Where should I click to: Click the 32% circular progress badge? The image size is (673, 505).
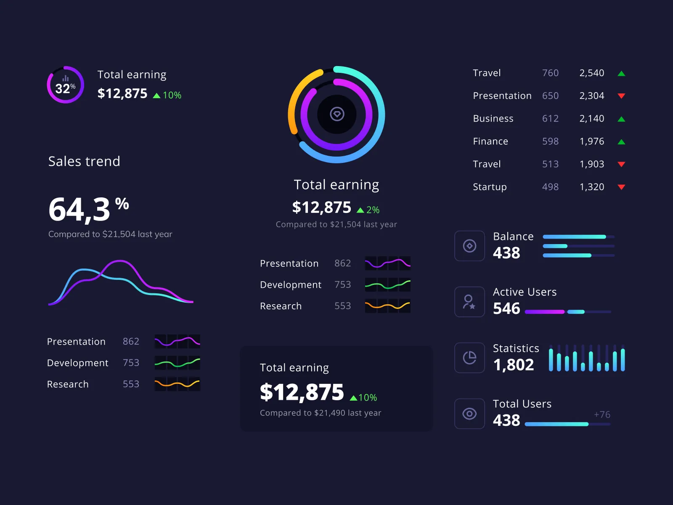coord(65,85)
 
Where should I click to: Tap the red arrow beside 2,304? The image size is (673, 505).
coord(621,96)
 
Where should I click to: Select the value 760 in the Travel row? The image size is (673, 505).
coord(550,73)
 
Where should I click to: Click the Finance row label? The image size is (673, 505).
coord(490,141)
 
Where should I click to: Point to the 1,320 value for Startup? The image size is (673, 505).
coord(592,187)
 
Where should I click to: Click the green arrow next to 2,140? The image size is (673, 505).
coord(621,119)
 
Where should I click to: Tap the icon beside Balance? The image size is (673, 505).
coord(469,246)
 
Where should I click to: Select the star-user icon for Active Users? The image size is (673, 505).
coord(469,302)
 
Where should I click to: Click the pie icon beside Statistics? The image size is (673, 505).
coord(469,358)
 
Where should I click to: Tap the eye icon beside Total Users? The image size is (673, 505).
coord(469,414)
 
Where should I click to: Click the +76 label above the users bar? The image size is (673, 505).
coord(602,415)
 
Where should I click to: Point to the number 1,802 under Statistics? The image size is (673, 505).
coord(514,365)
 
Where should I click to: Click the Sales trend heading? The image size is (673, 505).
coord(84,161)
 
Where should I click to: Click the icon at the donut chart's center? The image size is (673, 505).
coord(337,114)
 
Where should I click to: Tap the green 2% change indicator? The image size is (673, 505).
coord(368,210)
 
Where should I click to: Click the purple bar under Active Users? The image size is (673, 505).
coord(545,312)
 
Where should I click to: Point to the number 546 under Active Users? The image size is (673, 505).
coord(506,308)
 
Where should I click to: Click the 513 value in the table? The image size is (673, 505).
coord(550,164)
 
